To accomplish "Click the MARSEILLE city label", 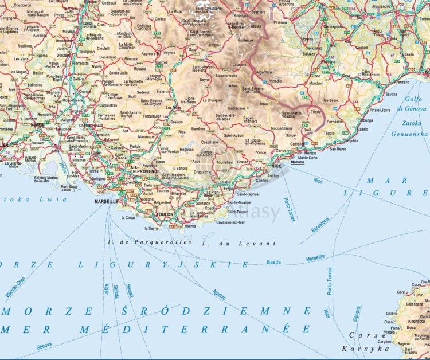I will [106, 202].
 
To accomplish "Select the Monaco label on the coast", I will [298, 162].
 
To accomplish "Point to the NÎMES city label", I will [37, 124].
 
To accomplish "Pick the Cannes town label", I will [262, 181].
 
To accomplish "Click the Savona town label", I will [391, 93].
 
